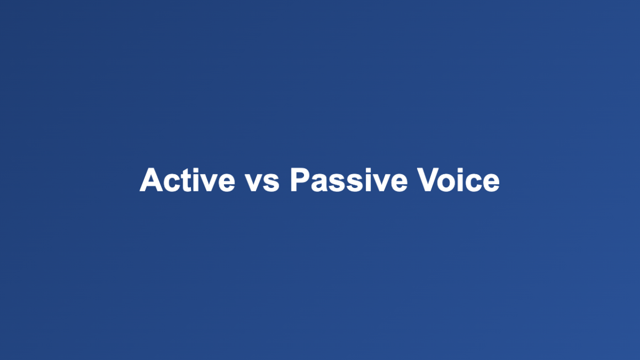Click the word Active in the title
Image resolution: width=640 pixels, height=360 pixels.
pos(188,180)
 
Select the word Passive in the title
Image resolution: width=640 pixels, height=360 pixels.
pos(349,180)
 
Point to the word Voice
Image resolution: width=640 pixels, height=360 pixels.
pos(458,180)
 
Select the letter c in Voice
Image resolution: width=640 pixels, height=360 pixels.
pos(476,184)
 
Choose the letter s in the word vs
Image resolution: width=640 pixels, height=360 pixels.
pos(271,184)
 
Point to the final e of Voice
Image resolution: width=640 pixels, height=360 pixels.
pos(490,184)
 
